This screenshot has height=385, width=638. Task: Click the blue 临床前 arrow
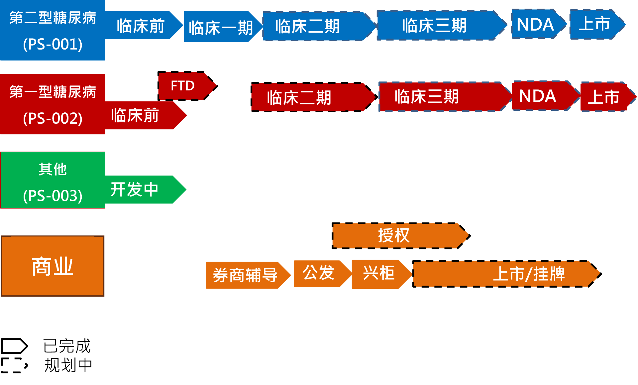(x=141, y=26)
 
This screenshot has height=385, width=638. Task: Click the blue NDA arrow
(x=536, y=24)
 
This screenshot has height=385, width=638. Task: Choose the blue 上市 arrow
(x=595, y=24)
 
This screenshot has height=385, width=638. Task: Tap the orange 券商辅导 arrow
(x=245, y=275)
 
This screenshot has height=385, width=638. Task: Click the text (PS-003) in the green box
(x=53, y=195)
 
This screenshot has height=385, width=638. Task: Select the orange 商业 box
(x=53, y=266)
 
